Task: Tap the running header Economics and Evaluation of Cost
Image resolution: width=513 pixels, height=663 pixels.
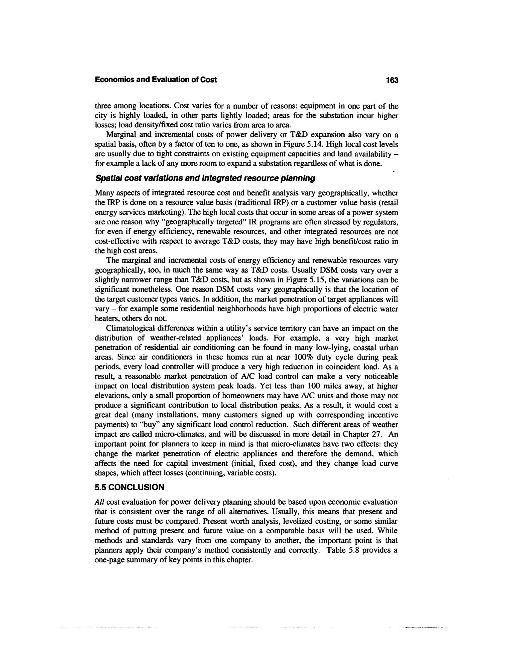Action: [156, 80]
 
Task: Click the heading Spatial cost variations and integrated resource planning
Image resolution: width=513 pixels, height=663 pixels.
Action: [205, 178]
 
